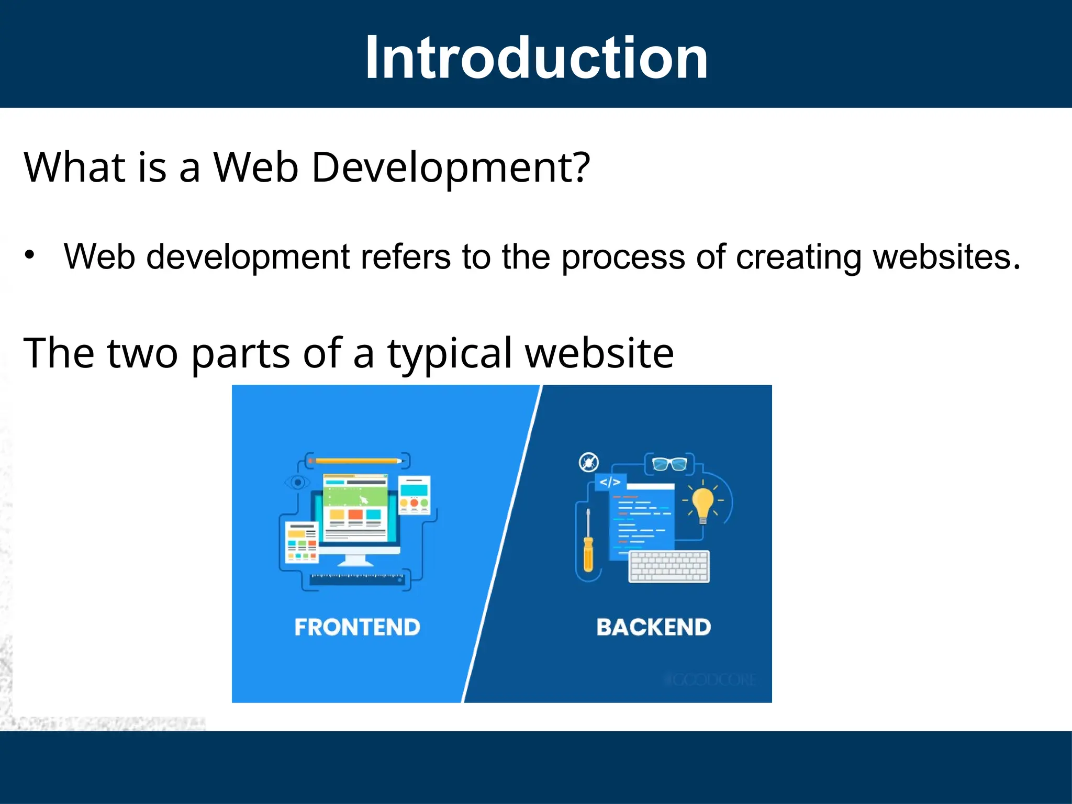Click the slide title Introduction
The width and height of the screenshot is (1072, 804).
coord(536,58)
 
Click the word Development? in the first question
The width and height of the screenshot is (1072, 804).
coord(451,168)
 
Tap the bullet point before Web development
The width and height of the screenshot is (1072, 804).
coord(30,255)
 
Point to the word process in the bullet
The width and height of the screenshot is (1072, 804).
coord(623,258)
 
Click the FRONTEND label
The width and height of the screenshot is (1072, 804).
coord(357,627)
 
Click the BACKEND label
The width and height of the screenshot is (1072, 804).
coord(653,627)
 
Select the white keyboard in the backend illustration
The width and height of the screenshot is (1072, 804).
coord(669,566)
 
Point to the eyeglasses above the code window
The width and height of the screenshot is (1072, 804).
coord(669,464)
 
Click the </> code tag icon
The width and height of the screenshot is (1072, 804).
coord(610,482)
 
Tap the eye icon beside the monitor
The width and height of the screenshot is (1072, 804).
coord(297,482)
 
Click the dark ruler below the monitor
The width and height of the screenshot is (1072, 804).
coord(358,579)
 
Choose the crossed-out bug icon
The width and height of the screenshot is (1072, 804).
coord(589,463)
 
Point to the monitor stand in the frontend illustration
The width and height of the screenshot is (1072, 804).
coord(356,560)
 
